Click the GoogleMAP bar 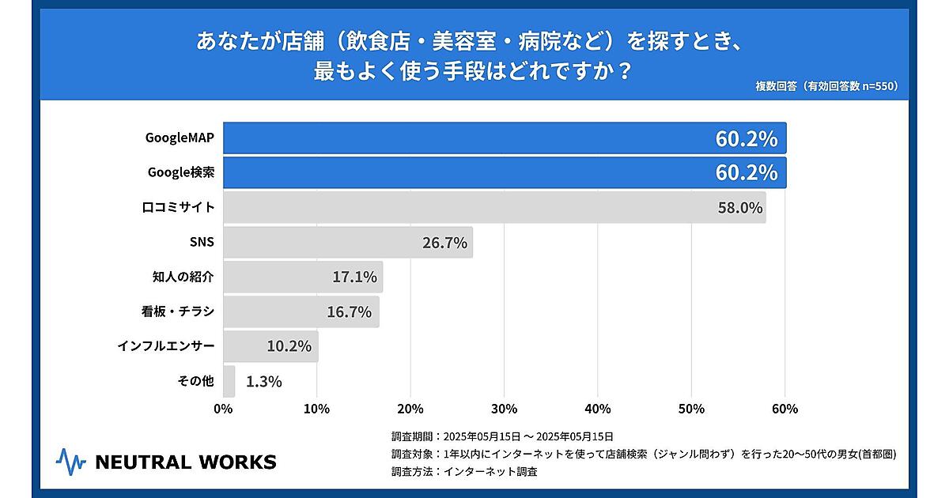coord(505,138)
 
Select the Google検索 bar coord(505,172)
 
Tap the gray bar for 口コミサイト coord(494,207)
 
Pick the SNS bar coord(348,242)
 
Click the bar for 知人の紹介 coord(303,277)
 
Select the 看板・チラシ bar coord(301,311)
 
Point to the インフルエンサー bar coord(270,346)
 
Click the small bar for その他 coord(229,381)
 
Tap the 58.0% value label coord(739,208)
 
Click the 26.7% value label coord(444,243)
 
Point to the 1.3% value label coord(264,382)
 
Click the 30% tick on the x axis coord(504,409)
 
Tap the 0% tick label coord(223,409)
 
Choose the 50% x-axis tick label coord(691,409)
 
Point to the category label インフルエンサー coord(165,346)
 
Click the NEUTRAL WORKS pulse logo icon coord(70,462)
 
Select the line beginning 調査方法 coord(464,472)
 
